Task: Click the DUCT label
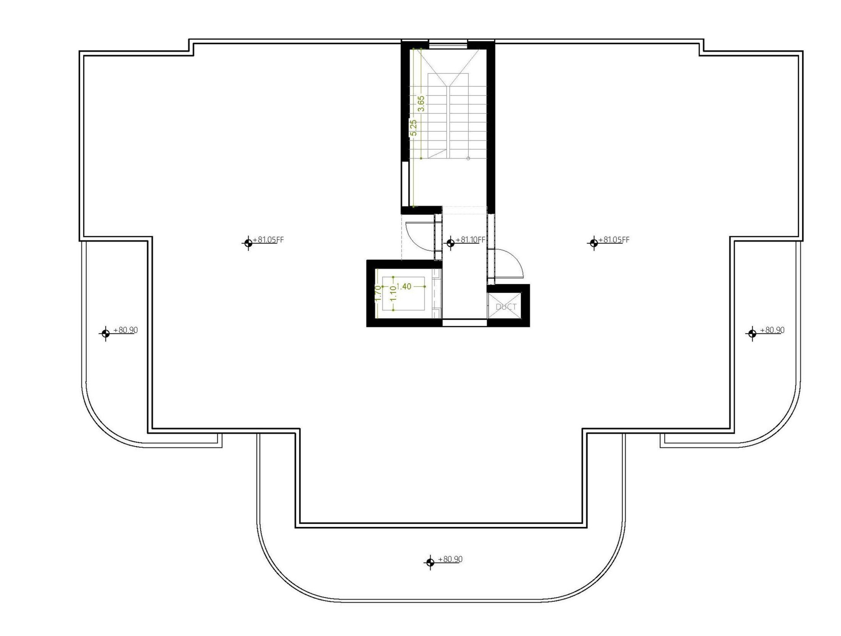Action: tap(506, 307)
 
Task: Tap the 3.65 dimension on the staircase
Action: tap(421, 104)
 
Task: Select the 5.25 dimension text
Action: tap(413, 127)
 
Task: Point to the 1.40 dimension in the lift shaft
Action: tap(404, 287)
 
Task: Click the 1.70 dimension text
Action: tap(378, 293)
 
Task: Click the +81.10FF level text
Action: tap(470, 240)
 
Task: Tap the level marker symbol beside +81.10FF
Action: tap(450, 242)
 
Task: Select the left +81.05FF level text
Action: tap(269, 240)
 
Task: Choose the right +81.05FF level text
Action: tap(614, 240)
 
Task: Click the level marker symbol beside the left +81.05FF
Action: tap(248, 242)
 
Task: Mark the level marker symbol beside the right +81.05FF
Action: tap(594, 242)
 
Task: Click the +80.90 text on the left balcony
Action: tap(126, 330)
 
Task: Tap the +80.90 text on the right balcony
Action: tap(772, 330)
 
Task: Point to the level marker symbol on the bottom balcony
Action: tap(430, 562)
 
